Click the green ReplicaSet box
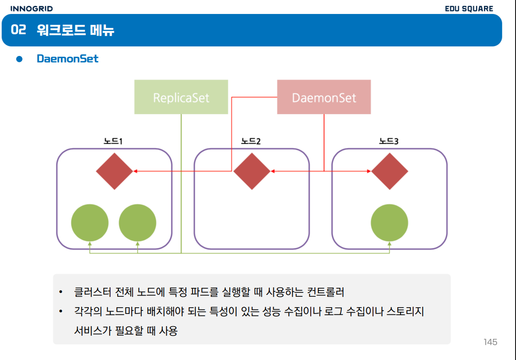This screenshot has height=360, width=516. (x=181, y=97)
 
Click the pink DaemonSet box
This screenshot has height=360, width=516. (x=324, y=97)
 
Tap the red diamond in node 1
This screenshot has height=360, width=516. (x=115, y=171)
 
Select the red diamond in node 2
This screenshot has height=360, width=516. (x=252, y=171)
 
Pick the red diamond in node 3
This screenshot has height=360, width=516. (x=390, y=171)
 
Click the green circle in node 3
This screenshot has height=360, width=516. (x=389, y=223)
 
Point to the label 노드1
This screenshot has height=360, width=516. (x=114, y=142)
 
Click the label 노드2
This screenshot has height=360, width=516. (x=251, y=142)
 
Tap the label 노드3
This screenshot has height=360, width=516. (x=389, y=142)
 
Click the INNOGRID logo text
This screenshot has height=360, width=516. (x=31, y=9)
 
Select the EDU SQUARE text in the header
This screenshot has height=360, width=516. (x=469, y=9)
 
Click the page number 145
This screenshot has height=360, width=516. (x=490, y=342)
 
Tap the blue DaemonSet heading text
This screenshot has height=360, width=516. (x=68, y=59)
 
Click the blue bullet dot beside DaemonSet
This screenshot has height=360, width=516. (x=19, y=59)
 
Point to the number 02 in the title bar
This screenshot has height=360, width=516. (x=18, y=30)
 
